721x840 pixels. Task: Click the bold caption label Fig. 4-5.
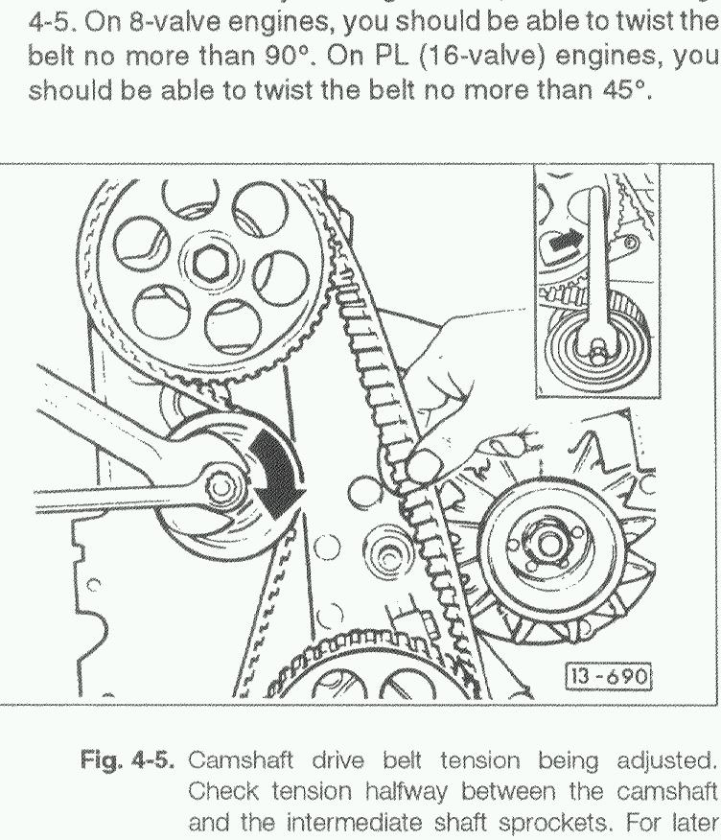(127, 761)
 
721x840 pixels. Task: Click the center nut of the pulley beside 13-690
(548, 545)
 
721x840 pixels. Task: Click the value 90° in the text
(288, 57)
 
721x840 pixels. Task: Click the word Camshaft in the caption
(242, 760)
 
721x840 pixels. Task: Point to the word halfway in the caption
(407, 792)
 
